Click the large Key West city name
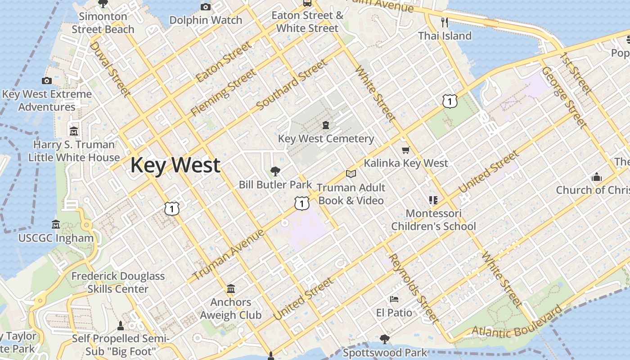click(x=175, y=165)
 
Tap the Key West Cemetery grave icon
click(x=326, y=125)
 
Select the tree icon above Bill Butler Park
click(x=275, y=171)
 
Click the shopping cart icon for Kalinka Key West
click(x=406, y=150)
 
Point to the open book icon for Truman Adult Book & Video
click(x=351, y=174)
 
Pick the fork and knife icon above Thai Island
click(x=445, y=22)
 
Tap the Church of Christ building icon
click(x=597, y=177)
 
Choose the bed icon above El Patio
click(x=394, y=299)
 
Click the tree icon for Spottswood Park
click(x=384, y=339)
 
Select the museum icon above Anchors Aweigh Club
click(x=231, y=288)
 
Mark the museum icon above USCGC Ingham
click(x=56, y=224)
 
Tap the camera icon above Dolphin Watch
click(x=206, y=7)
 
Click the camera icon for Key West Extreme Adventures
click(x=46, y=81)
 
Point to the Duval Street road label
click(x=110, y=69)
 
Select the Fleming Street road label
click(x=223, y=92)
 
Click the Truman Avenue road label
click(x=229, y=255)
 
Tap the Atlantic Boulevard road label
click(x=517, y=321)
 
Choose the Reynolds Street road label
click(x=413, y=288)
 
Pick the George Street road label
click(x=564, y=97)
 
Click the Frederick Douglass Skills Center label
click(x=118, y=282)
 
